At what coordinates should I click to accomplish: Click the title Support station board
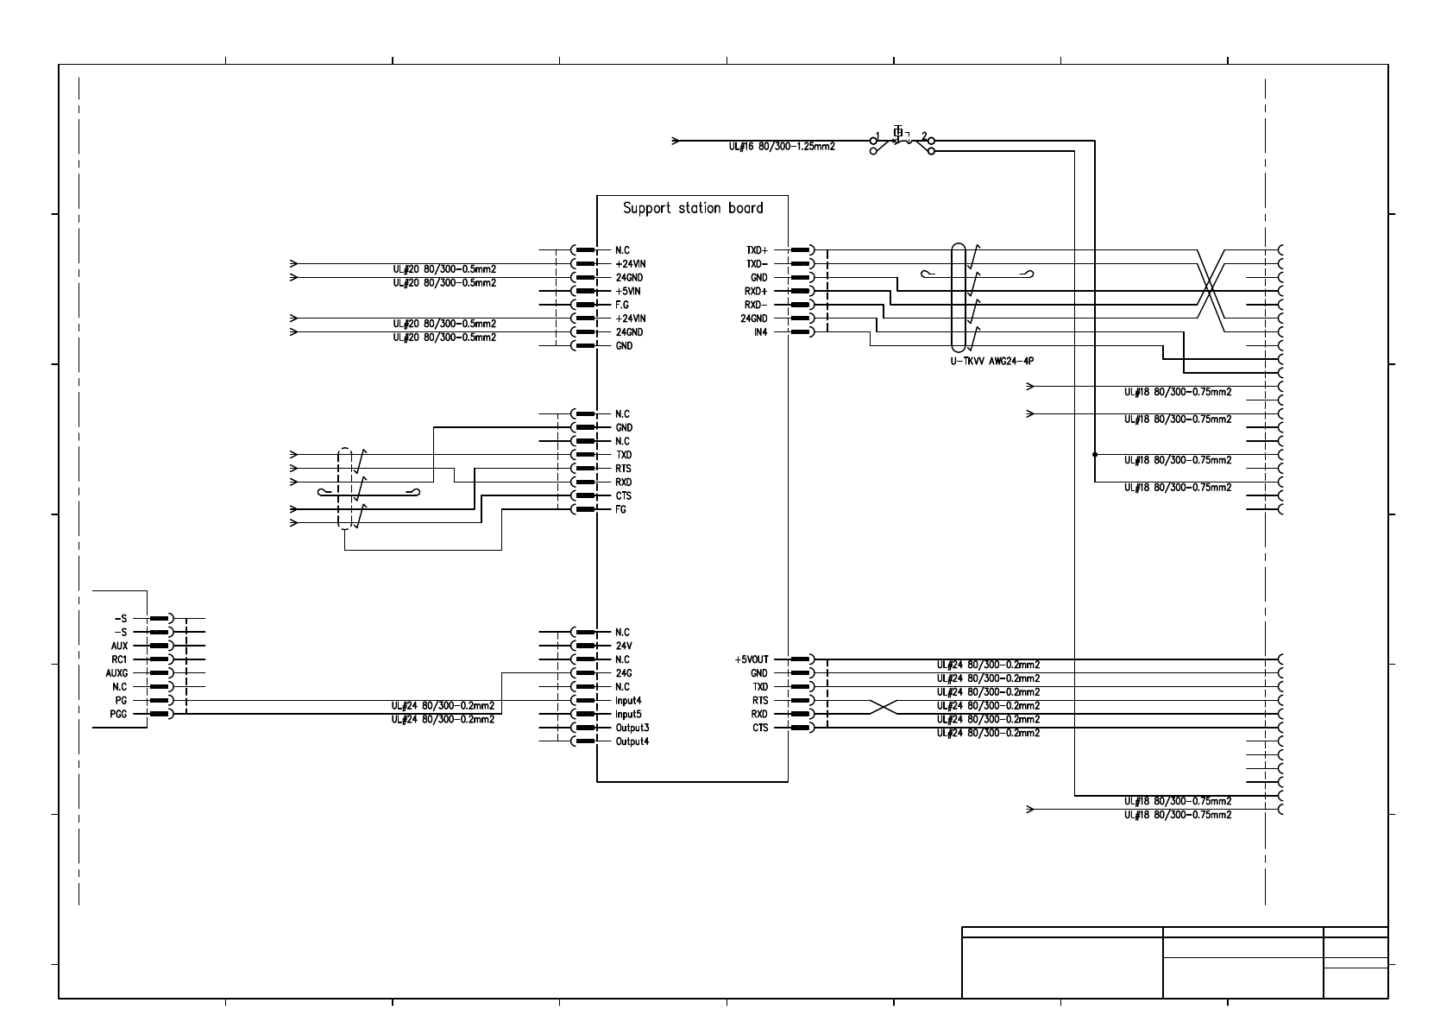693,208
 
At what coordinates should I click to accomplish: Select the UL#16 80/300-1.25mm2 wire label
782,147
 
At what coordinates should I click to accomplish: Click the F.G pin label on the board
623,305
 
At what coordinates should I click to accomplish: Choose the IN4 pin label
759,332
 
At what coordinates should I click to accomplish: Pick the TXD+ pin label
757,250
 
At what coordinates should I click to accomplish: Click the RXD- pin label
756,305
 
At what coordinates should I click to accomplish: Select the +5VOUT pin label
751,659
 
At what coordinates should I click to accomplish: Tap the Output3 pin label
632,728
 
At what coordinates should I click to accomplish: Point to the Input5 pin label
628,714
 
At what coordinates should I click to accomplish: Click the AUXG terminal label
116,673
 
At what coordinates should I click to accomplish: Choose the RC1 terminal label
119,659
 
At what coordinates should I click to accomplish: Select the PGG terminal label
118,714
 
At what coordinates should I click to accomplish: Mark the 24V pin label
624,646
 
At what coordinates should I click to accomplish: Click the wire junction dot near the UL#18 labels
1095,455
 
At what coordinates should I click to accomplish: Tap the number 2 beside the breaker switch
924,136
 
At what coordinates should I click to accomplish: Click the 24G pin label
624,673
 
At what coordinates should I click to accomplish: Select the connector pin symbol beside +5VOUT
802,659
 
